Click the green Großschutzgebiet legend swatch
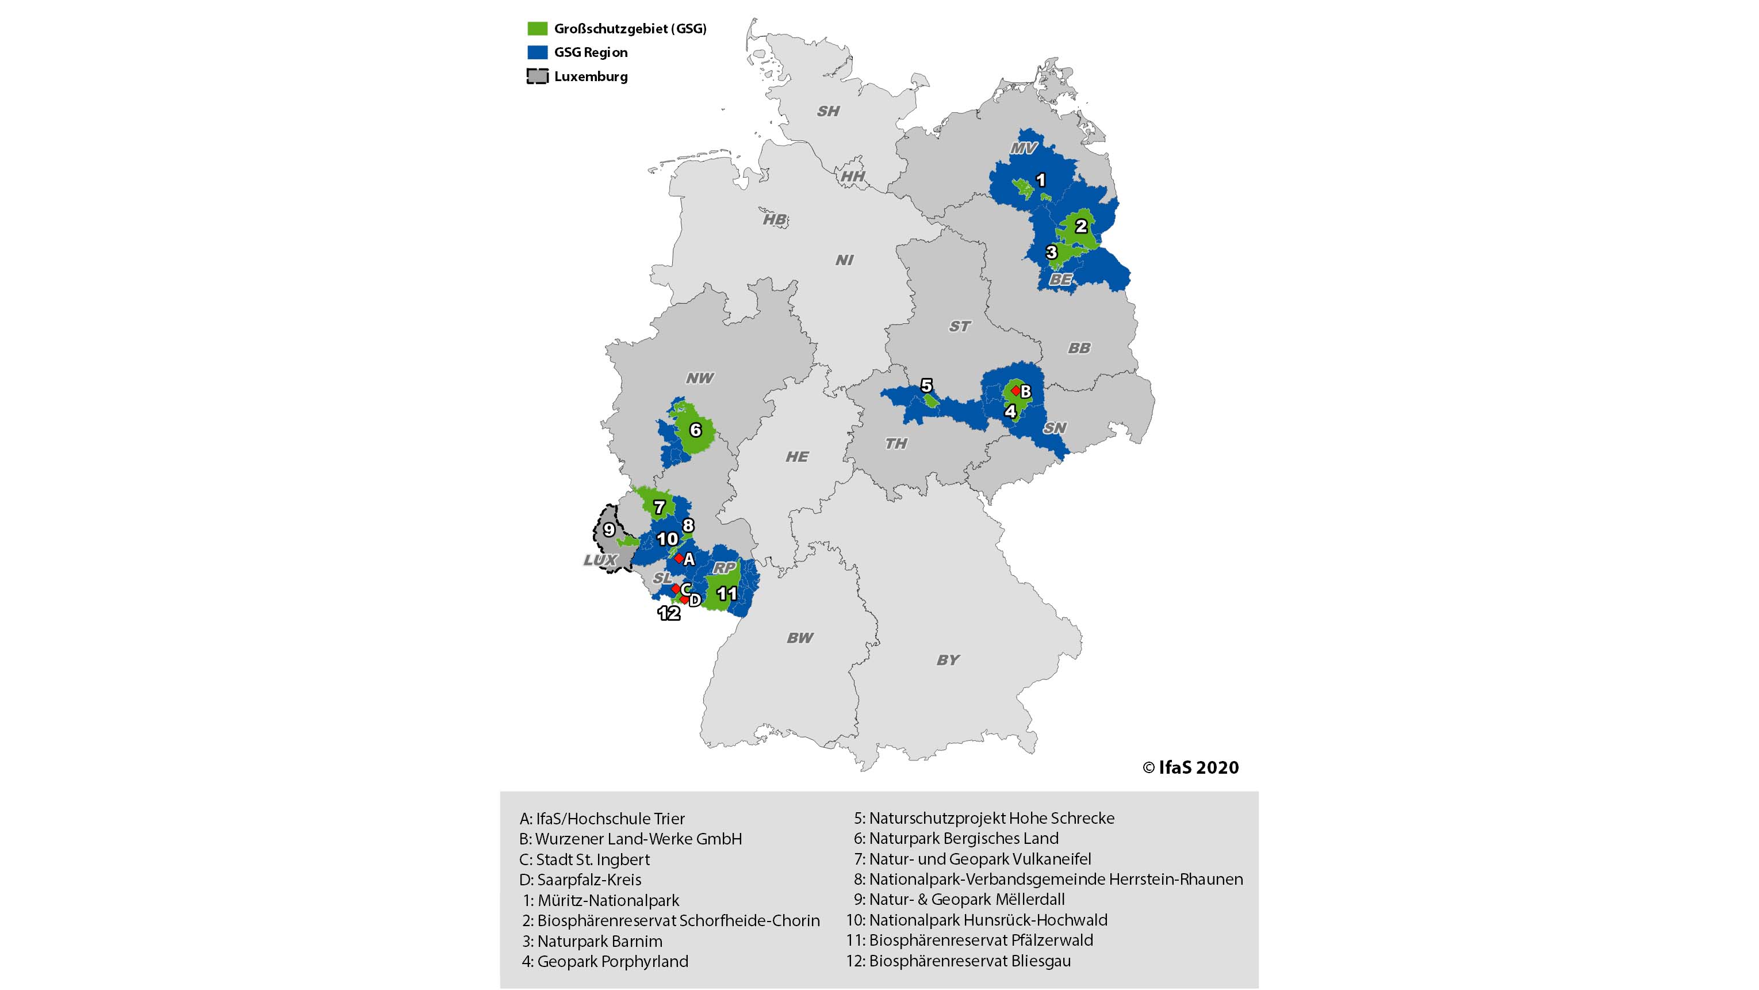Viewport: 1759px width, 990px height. pyautogui.click(x=538, y=29)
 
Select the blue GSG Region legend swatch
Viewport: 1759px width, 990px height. pyautogui.click(x=538, y=52)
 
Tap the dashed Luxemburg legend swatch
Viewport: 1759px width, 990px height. pyautogui.click(x=538, y=77)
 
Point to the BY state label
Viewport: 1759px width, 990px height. pyautogui.click(x=948, y=660)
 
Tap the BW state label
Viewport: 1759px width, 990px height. pyautogui.click(x=800, y=638)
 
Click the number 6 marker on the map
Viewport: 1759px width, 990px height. pyautogui.click(x=695, y=430)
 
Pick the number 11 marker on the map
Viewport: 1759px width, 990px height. pyautogui.click(x=727, y=594)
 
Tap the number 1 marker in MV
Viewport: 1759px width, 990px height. pyautogui.click(x=1041, y=181)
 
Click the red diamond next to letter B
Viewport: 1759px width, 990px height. pyautogui.click(x=1016, y=390)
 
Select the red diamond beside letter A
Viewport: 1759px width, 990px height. pyautogui.click(x=679, y=558)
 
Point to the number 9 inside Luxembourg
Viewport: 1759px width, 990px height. pyautogui.click(x=609, y=529)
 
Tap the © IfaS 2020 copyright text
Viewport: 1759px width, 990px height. pyautogui.click(x=1191, y=768)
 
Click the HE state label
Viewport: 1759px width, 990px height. pyautogui.click(x=797, y=456)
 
